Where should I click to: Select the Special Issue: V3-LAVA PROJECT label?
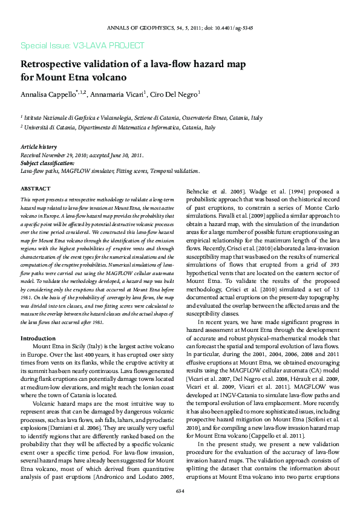[x=82, y=46]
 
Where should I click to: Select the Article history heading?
[x=39, y=147]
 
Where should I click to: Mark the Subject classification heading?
[x=48, y=163]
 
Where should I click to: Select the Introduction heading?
[x=39, y=338]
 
